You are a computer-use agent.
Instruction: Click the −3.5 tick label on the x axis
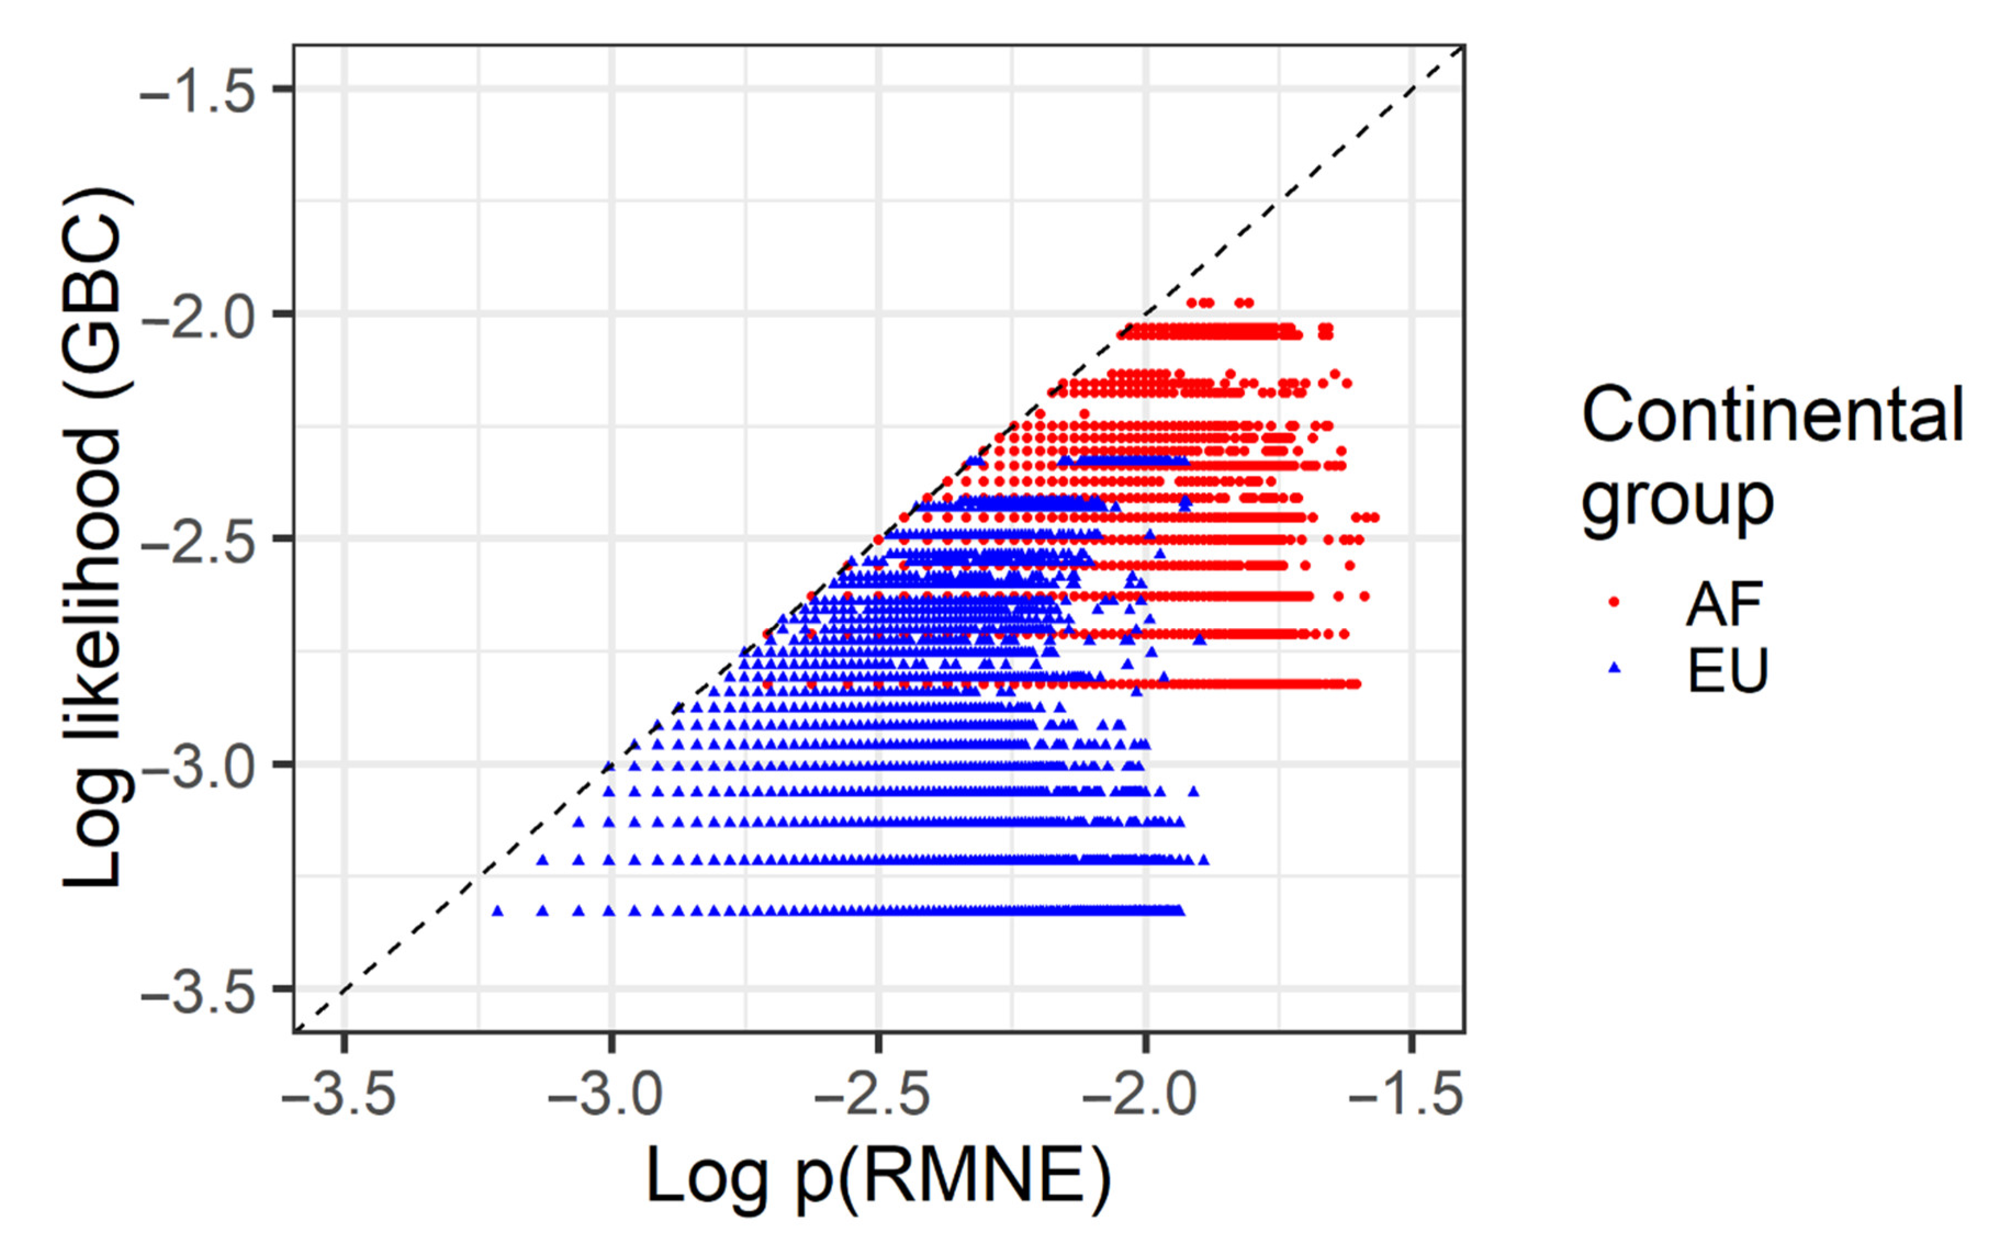pyautogui.click(x=339, y=1096)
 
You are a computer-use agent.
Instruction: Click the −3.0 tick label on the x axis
pyautogui.click(x=605, y=1096)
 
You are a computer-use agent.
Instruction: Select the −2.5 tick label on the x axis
pyautogui.click(x=873, y=1096)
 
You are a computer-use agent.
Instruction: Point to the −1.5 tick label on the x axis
pyautogui.click(x=1407, y=1096)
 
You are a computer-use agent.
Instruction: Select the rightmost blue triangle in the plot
pyautogui.click(x=1204, y=860)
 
